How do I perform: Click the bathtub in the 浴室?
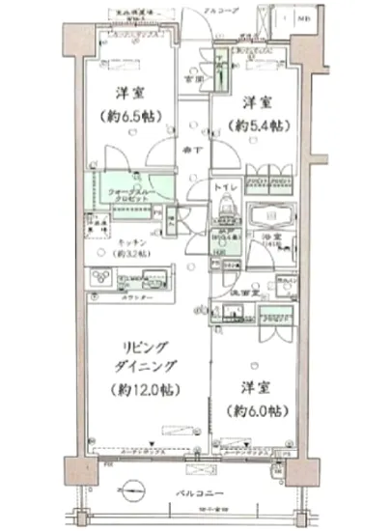pyautogui.click(x=266, y=222)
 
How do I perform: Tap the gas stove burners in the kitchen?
pyautogui.click(x=103, y=277)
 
